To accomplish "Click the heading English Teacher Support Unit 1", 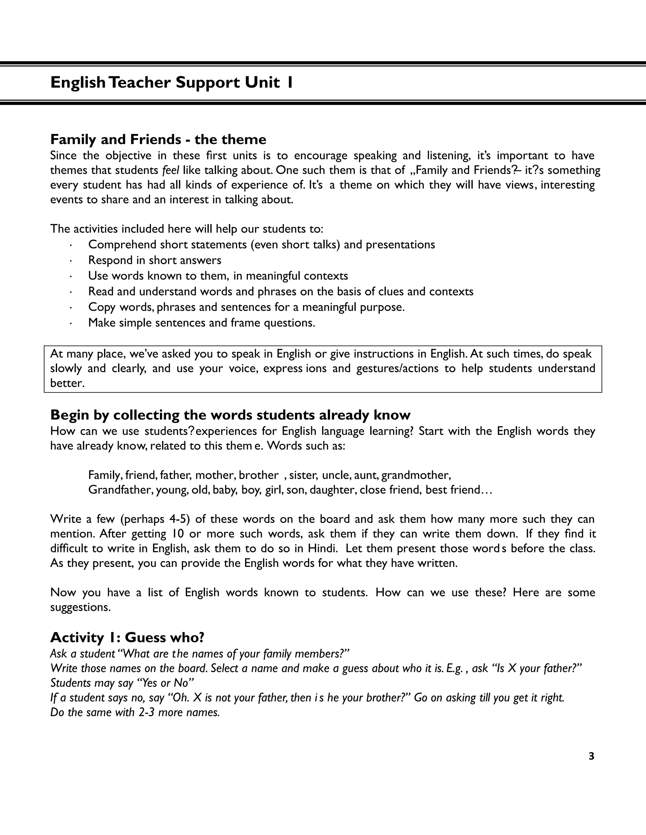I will click(172, 83).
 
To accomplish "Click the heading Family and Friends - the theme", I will click(158, 139).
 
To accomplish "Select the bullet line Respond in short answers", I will click(155, 260).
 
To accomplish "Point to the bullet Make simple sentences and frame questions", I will click(202, 323).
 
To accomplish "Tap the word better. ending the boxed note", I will click(67, 383).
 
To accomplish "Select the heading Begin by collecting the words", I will click(230, 415).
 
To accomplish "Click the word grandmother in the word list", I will click(416, 475).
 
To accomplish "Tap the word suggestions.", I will click(80, 608).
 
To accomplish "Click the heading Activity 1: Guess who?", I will click(127, 637).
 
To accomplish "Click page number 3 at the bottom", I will click(591, 756).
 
